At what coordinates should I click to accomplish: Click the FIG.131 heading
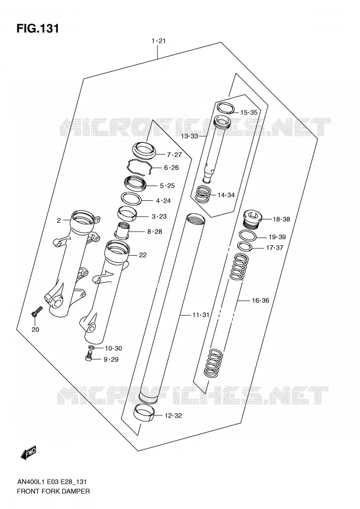tap(38, 28)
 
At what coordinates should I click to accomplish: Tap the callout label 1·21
tap(159, 41)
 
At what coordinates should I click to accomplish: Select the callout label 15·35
tap(249, 113)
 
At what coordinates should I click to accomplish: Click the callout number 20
tap(36, 329)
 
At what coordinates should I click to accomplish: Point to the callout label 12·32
tap(173, 415)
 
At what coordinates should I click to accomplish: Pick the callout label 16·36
tap(260, 300)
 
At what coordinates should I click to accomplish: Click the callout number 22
tap(143, 255)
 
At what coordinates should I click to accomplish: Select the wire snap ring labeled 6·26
tap(140, 167)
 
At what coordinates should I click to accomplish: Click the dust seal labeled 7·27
tap(144, 151)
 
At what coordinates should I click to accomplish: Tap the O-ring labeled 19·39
tap(248, 235)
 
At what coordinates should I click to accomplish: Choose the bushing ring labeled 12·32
tap(144, 413)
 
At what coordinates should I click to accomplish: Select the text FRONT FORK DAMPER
tap(53, 491)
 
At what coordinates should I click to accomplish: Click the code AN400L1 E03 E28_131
tap(51, 482)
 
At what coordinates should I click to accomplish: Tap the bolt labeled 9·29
tap(89, 357)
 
